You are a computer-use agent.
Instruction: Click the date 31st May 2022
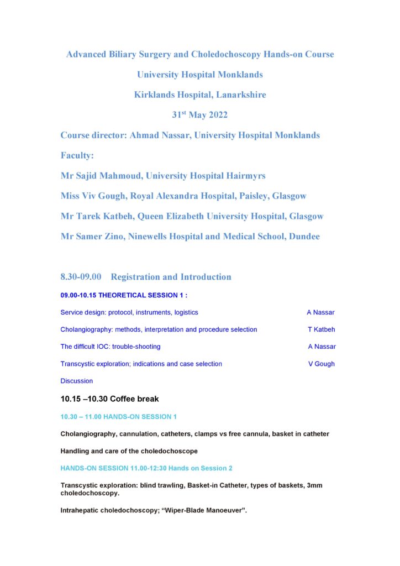coord(199,115)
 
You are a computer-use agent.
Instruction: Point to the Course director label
coord(93,135)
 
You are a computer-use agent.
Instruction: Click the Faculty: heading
coord(77,155)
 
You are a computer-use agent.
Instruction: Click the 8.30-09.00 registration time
coord(81,277)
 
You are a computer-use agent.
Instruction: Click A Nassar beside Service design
coord(320,312)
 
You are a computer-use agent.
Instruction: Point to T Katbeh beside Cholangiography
coord(322,329)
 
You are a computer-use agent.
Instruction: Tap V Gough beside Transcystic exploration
coord(322,364)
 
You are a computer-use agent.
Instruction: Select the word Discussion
coord(77,381)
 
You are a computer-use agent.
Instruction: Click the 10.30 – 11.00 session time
coord(86,416)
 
